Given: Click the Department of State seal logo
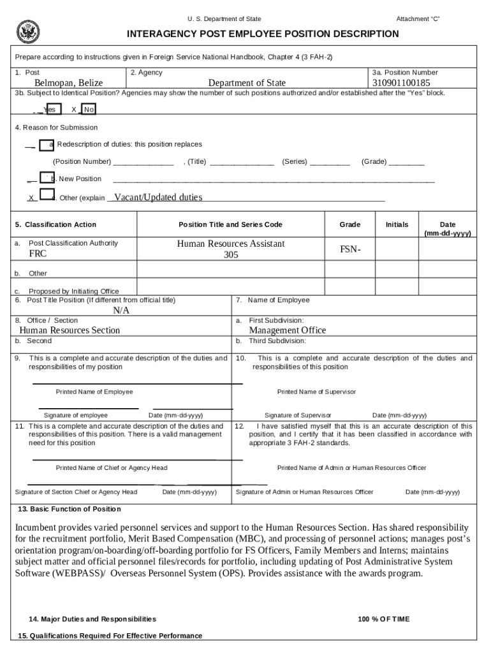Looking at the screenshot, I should [28, 31].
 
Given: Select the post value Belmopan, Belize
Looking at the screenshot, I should [68, 83].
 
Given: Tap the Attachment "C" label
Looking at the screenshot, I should [418, 19].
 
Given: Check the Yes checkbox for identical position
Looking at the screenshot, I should [54, 109].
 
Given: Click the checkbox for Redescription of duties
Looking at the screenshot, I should [46, 145].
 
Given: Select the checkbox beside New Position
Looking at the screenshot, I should [46, 178].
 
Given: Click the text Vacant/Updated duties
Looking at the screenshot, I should [158, 197].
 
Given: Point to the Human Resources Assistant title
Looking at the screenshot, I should [230, 244].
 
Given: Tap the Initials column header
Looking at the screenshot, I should [397, 224].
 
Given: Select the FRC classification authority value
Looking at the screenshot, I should [38, 254].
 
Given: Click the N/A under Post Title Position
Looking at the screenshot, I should [121, 310].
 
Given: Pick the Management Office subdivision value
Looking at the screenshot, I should [287, 330].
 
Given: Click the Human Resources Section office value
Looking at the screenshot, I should [70, 330].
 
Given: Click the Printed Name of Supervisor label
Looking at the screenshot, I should [316, 392].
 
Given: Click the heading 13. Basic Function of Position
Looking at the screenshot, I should [68, 509].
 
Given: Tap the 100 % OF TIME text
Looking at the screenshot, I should [384, 619].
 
